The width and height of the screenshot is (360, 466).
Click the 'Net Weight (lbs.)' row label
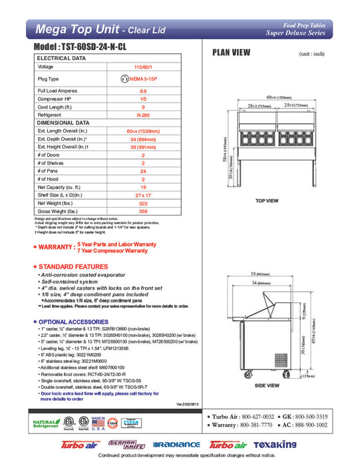55,202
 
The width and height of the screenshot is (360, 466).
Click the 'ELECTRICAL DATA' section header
61,59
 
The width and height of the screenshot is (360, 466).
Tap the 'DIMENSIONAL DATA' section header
64,122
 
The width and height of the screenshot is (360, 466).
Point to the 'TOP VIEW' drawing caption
268,200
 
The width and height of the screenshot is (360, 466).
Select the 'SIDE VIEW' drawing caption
267,385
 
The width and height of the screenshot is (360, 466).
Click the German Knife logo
127,444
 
